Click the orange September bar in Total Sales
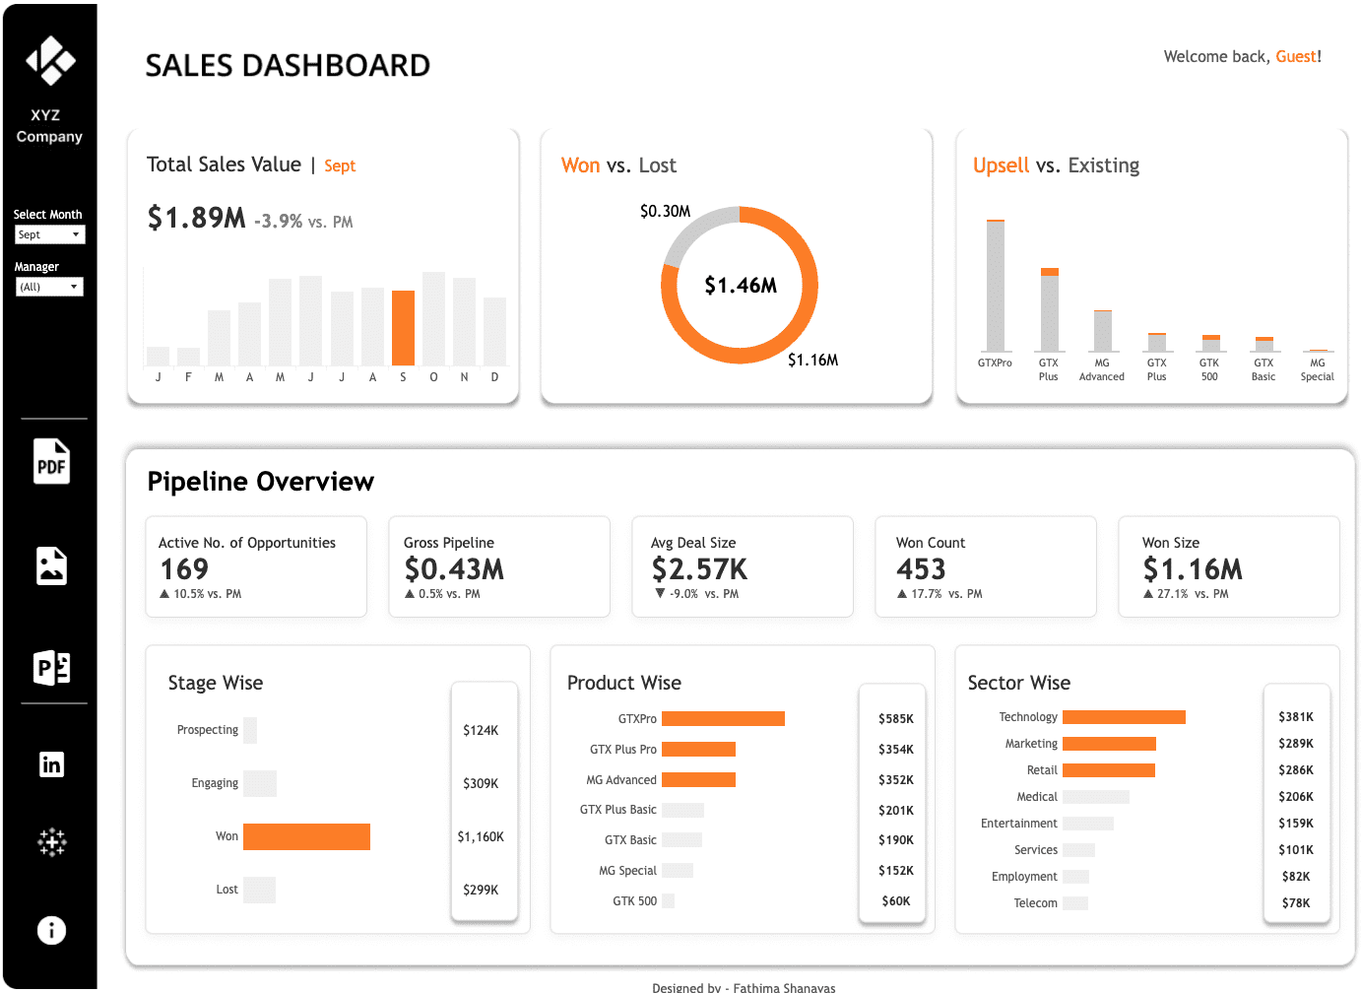click(x=403, y=328)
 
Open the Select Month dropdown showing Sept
click(x=49, y=234)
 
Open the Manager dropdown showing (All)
click(x=49, y=287)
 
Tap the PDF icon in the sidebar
click(x=51, y=462)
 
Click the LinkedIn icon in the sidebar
click(x=51, y=764)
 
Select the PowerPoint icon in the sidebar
click(x=51, y=668)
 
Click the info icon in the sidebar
click(x=51, y=930)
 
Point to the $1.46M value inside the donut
click(x=741, y=286)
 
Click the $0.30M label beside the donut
click(x=665, y=212)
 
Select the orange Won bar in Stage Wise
click(x=306, y=836)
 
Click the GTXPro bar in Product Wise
click(x=723, y=718)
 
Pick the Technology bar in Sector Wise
click(x=1124, y=717)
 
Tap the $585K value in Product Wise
click(x=895, y=719)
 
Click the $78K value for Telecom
click(x=1295, y=902)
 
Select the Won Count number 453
click(x=921, y=569)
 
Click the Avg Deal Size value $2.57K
click(x=699, y=569)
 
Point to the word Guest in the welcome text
click(x=1295, y=57)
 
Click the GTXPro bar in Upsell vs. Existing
click(x=995, y=286)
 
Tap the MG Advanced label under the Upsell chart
click(x=1101, y=369)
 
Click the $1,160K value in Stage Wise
click(x=481, y=836)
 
